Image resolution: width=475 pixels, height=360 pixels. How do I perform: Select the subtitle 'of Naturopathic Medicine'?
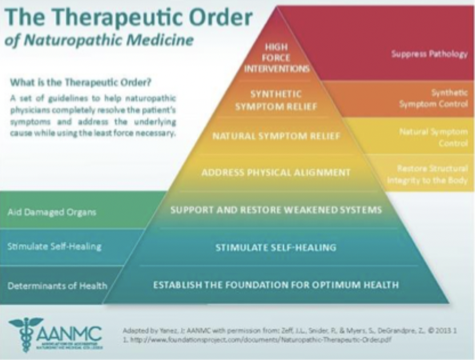point(98,41)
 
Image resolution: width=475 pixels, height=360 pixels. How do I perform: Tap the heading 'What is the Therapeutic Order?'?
point(80,81)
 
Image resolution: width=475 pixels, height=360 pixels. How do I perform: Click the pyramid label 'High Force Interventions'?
point(277,58)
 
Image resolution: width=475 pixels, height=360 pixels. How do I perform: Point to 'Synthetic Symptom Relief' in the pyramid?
point(276,100)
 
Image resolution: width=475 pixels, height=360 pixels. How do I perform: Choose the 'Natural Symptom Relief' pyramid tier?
point(276,137)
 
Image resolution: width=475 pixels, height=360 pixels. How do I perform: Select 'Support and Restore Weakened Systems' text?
point(276,210)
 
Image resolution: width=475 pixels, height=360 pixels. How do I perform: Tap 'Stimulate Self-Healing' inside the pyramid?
point(276,247)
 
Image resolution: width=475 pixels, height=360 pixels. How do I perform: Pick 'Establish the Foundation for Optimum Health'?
point(276,284)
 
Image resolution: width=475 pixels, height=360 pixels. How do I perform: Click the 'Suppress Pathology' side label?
point(429,54)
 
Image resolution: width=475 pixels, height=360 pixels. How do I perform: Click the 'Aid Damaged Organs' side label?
point(52,212)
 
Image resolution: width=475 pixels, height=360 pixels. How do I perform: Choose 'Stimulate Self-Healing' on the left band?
point(55,247)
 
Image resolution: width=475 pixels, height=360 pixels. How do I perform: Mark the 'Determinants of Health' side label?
point(57,285)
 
